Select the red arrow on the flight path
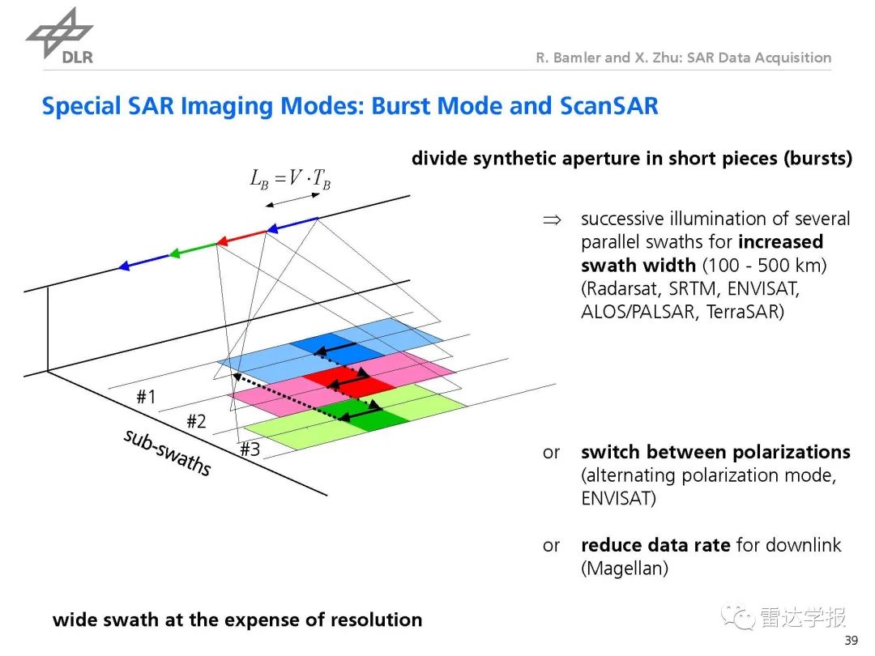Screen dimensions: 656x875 tap(242, 238)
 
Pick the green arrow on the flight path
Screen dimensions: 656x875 tap(194, 249)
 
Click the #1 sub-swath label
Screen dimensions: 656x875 tap(146, 397)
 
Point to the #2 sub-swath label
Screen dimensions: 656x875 tap(196, 421)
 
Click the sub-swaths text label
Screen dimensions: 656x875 tap(167, 452)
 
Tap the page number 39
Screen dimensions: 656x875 tap(851, 641)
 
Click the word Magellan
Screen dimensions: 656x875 tap(624, 569)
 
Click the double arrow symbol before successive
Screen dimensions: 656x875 tap(551, 219)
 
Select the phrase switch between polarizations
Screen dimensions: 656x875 tap(715, 452)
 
